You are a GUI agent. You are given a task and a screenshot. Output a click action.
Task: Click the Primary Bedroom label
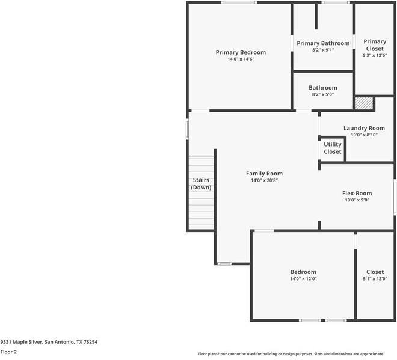241,52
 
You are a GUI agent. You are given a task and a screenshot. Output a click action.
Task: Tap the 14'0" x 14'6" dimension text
241,59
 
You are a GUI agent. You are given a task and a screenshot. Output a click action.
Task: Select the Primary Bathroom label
323,43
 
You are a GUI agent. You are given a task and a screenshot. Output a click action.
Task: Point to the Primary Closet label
375,45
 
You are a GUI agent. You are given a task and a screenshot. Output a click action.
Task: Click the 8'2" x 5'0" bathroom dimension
323,94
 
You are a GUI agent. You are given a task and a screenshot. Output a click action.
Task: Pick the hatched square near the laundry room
365,103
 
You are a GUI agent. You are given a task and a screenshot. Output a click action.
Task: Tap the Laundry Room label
364,128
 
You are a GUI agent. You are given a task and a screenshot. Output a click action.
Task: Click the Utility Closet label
333,148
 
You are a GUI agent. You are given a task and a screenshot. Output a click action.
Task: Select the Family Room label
264,174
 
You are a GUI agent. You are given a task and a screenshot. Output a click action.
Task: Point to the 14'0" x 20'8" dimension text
264,180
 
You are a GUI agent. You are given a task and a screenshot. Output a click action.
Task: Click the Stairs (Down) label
201,184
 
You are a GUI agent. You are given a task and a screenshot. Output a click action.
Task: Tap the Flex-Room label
357,194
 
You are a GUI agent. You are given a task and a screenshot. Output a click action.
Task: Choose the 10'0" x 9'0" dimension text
357,200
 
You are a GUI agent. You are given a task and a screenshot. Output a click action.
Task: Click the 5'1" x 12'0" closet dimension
375,279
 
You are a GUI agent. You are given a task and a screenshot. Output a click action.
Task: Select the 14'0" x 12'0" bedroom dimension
303,279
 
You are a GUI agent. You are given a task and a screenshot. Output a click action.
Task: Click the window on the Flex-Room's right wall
395,197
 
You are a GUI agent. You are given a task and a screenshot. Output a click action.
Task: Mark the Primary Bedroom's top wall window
239,2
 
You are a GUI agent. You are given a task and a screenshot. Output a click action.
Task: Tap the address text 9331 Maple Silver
21,342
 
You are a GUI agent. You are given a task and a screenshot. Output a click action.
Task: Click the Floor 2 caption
8,352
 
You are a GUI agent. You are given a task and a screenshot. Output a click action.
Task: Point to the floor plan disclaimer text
291,354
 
